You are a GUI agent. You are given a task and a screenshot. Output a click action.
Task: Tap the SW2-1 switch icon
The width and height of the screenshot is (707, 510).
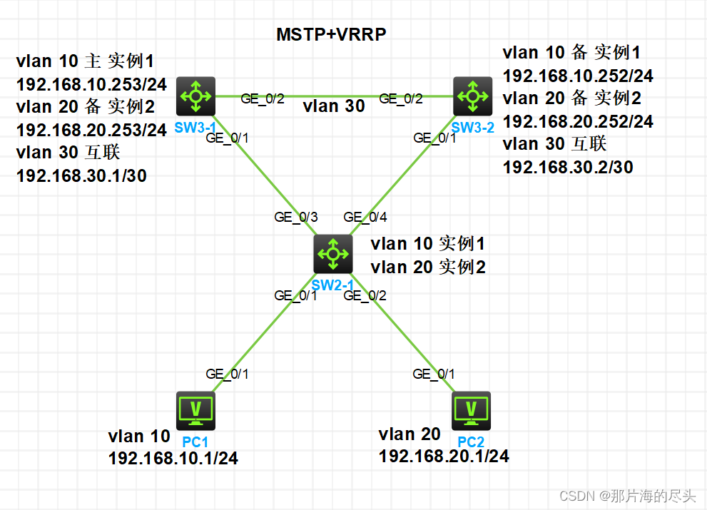333,253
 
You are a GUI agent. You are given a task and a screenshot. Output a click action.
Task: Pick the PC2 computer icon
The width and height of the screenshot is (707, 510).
471,409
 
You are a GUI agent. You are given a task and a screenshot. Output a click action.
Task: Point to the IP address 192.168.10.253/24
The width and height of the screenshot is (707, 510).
91,85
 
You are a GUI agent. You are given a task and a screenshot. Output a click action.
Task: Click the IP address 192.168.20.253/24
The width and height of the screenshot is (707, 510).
91,130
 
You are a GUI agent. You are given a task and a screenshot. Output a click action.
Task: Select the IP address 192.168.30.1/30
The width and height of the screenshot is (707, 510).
81,175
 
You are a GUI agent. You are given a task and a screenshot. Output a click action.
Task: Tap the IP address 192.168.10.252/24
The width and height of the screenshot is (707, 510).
578,76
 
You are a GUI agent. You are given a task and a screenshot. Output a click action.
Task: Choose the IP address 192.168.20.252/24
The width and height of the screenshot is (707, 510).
578,121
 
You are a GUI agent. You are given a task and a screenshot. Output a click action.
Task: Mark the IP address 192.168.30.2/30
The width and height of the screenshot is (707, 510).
568,167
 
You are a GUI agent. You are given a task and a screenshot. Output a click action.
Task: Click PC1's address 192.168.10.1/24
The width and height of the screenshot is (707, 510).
173,458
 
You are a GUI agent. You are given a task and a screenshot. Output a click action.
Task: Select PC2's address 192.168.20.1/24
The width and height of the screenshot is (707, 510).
444,456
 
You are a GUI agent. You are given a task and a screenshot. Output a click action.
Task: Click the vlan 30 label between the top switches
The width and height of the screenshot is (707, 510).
333,107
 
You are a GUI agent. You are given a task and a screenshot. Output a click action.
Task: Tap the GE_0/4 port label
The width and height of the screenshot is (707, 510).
364,218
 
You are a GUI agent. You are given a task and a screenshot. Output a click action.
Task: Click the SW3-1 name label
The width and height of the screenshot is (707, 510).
195,126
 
